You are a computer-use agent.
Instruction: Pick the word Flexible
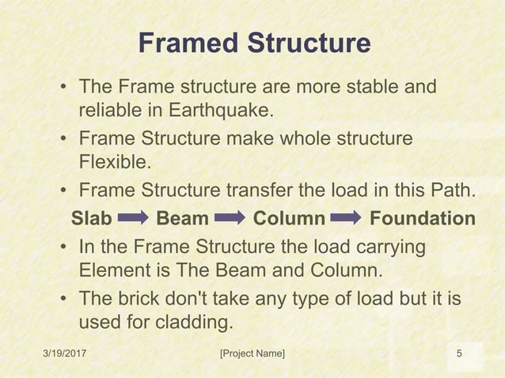(113, 162)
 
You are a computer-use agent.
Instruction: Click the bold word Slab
(91, 218)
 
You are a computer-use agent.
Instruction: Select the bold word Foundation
(423, 218)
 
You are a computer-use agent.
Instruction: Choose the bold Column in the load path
(289, 218)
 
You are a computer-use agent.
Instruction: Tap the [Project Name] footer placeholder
(252, 353)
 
